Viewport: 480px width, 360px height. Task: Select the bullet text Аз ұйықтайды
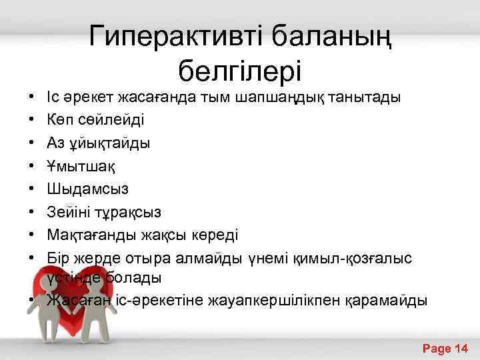99,143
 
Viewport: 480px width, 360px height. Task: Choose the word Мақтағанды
88,235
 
